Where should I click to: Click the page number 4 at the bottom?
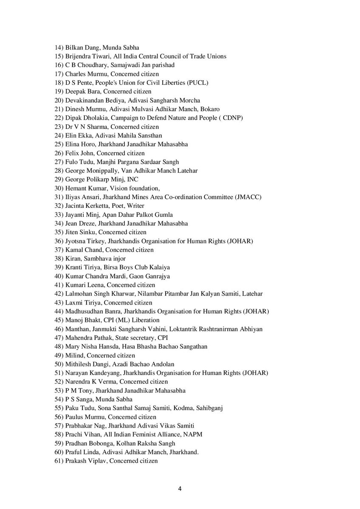pyautogui.click(x=180, y=489)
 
